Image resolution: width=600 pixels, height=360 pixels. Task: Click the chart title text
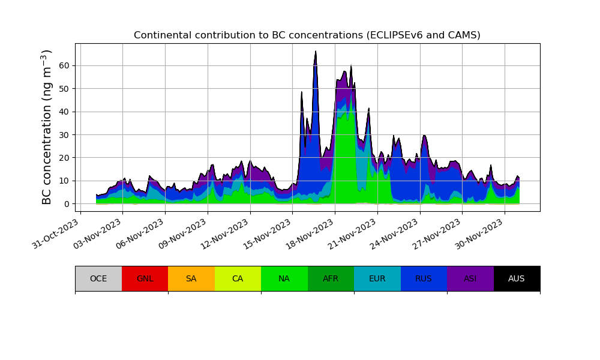coord(307,35)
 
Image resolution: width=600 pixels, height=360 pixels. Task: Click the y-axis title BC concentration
coord(47,127)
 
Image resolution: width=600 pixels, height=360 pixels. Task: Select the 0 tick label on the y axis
coord(67,204)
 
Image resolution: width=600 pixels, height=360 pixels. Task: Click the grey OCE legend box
coord(98,278)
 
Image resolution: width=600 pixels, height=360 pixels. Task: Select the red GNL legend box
coord(145,278)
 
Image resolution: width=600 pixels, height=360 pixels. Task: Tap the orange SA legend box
coord(191,278)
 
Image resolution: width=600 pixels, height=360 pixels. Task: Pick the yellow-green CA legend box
coord(238,278)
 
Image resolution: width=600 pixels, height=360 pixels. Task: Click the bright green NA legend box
coord(284,278)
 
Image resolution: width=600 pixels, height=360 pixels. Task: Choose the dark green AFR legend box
coord(331,278)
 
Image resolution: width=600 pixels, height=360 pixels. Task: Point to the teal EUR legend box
coord(377,278)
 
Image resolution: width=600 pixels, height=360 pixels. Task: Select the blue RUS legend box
coord(424,278)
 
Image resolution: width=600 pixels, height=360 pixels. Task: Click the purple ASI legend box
coord(470,278)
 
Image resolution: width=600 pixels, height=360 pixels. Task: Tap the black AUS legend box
coord(517,278)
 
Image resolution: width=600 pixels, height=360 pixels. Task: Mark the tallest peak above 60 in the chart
coord(316,52)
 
